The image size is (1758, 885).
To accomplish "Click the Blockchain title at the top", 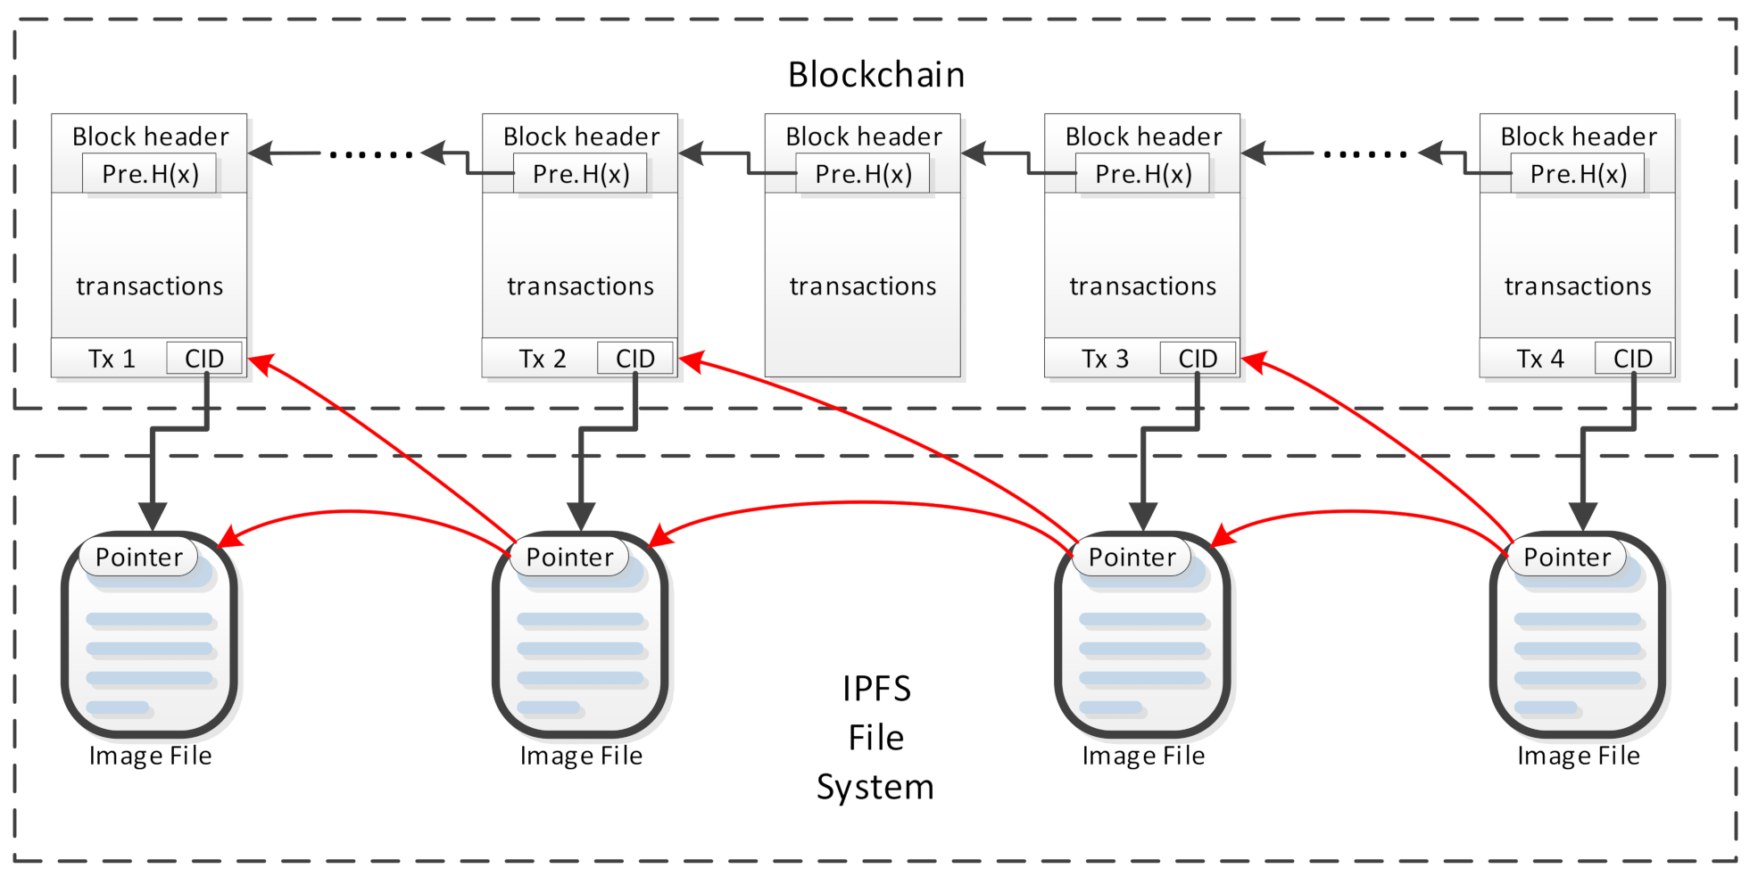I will click(x=875, y=75).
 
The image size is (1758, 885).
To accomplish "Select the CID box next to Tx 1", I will click(x=204, y=359).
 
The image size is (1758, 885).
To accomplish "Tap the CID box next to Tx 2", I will click(x=635, y=359).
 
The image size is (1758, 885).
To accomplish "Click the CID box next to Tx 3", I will click(x=1198, y=359).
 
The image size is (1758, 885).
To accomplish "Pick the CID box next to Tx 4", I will click(x=1633, y=359).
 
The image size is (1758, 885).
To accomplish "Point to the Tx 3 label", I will click(x=1105, y=359).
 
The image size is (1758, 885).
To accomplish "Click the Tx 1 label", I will click(x=112, y=359).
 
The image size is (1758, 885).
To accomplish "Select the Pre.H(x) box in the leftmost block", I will click(x=150, y=174).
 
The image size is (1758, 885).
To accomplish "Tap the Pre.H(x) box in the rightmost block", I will click(x=1578, y=174).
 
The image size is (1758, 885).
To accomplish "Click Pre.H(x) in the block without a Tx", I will click(x=863, y=174).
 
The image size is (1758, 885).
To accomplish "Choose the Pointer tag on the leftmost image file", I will click(x=138, y=558).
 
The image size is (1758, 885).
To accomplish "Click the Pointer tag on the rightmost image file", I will click(x=1567, y=558).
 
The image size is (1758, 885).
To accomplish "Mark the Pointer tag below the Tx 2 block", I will click(x=569, y=558).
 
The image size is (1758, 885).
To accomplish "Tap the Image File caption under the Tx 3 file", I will click(x=1143, y=757).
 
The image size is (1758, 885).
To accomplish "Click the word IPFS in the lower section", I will click(x=876, y=689).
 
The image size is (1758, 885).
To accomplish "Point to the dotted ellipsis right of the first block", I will click(x=371, y=154).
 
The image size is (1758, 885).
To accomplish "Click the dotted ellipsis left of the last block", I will click(x=1365, y=154).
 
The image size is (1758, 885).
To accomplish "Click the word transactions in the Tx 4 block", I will click(x=1578, y=286).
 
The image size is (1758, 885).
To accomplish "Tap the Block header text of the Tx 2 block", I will click(x=581, y=136).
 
